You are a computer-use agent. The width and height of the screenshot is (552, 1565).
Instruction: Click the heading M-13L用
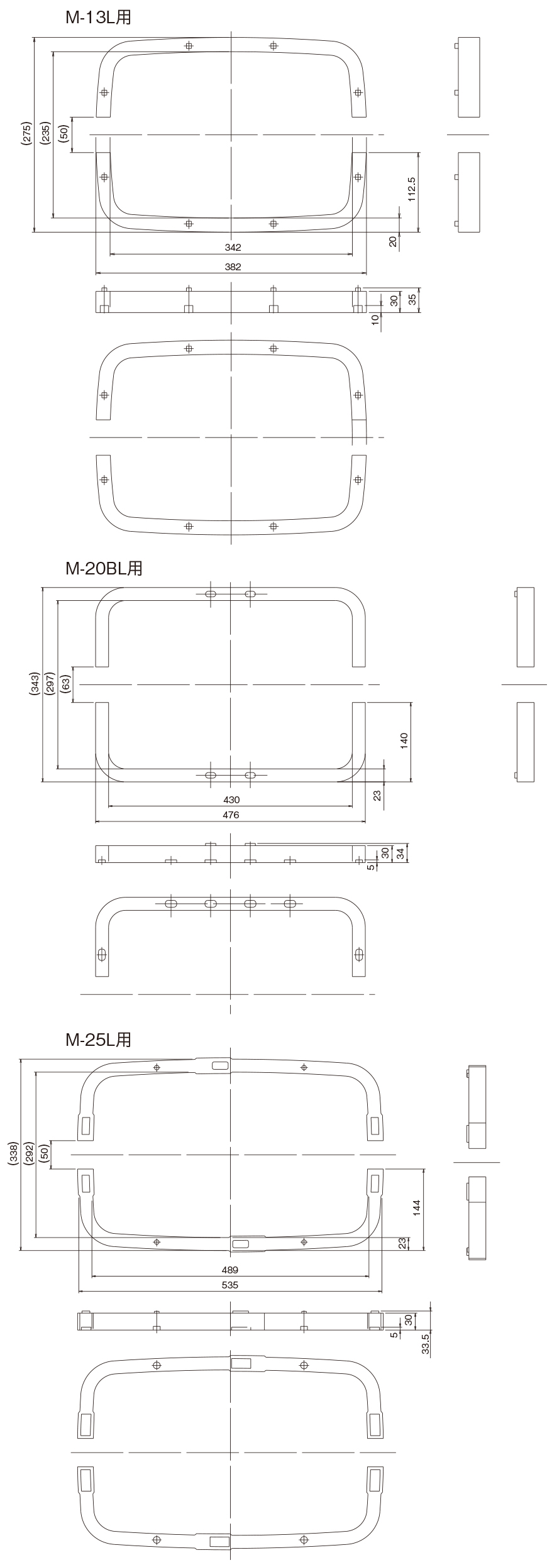(98, 18)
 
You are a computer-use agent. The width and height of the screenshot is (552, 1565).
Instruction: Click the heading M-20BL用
(104, 568)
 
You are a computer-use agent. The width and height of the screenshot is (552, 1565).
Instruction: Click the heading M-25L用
(98, 1040)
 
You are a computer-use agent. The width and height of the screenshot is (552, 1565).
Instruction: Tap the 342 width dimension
(233, 248)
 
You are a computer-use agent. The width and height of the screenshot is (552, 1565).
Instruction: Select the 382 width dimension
(233, 266)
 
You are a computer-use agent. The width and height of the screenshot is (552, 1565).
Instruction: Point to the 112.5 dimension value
(411, 189)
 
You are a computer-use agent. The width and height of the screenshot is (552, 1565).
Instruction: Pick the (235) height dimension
(45, 134)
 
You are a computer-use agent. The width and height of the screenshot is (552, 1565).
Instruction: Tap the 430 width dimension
(231, 800)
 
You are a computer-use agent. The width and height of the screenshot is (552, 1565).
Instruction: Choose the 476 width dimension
(231, 815)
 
